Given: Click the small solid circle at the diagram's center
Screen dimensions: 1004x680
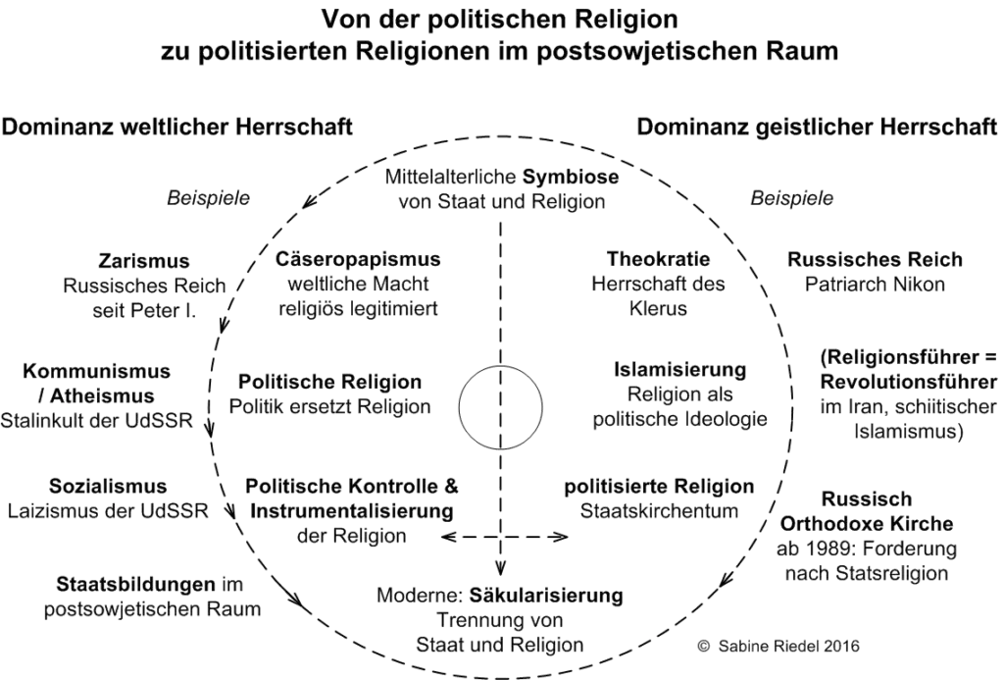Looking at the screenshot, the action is tap(500, 407).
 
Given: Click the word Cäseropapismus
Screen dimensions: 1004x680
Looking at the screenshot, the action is tap(358, 259).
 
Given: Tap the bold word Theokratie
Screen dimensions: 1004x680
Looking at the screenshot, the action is tap(658, 259).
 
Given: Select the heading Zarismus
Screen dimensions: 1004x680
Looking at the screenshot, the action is tap(144, 261).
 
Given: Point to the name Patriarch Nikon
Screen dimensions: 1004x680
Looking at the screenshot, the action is tap(875, 284).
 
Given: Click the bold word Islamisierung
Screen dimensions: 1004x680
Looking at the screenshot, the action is tap(680, 370).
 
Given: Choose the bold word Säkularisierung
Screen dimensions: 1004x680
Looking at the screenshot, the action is tap(546, 596).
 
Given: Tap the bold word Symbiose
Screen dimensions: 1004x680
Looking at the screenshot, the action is tap(571, 177).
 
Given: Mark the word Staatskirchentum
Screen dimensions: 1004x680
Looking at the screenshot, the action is tap(659, 511).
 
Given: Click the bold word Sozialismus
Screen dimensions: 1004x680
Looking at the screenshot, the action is tap(108, 486).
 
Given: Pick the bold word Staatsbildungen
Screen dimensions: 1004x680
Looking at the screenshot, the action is tap(135, 585).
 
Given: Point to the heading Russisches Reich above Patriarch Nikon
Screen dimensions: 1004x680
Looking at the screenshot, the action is tap(875, 260).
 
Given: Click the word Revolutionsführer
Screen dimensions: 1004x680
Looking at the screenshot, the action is tap(909, 382).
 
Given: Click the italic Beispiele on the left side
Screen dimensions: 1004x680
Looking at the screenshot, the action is tap(208, 198).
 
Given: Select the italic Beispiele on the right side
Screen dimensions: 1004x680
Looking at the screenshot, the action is tap(792, 198).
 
